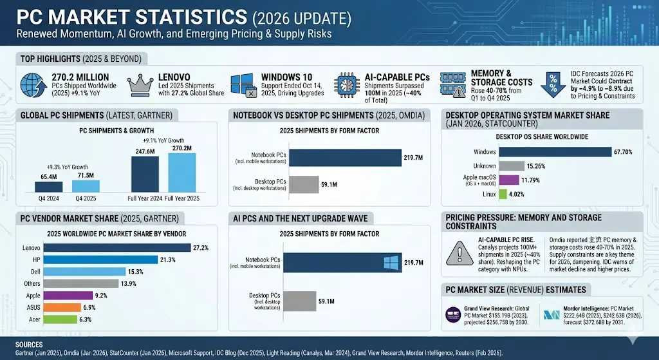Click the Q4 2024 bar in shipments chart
click(x=48, y=187)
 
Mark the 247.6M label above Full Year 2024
click(x=145, y=151)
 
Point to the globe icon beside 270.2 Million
click(x=32, y=86)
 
